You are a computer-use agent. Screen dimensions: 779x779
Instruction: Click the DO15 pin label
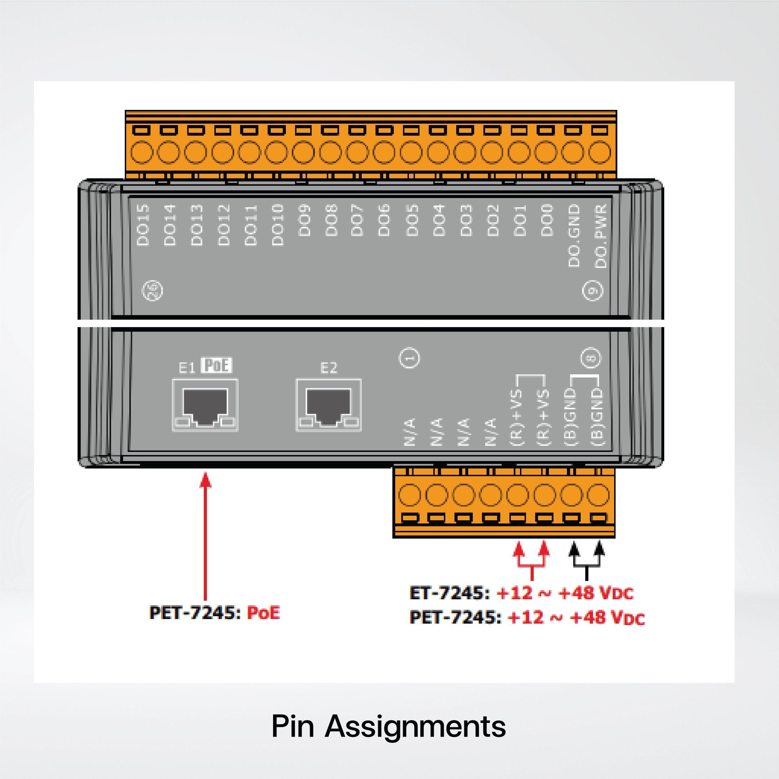(143, 225)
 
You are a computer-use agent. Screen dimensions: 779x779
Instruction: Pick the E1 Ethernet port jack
(205, 405)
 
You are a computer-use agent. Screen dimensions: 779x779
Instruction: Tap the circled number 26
(153, 291)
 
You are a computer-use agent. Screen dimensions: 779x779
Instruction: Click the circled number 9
(593, 291)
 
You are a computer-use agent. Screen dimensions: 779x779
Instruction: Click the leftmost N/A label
(410, 432)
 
